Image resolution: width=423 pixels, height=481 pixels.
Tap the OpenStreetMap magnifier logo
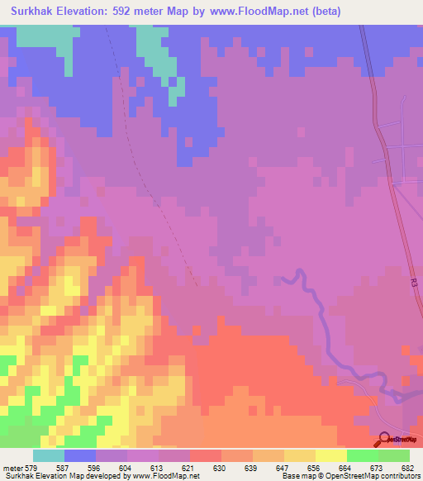(x=383, y=440)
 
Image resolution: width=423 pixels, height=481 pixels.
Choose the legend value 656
(x=315, y=467)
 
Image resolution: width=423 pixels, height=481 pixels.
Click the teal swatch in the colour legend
(x=48, y=455)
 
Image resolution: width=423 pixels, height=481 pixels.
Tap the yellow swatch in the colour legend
(x=330, y=455)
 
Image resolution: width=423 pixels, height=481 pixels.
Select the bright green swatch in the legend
(x=362, y=455)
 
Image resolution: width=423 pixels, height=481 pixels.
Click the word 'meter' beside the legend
(x=13, y=467)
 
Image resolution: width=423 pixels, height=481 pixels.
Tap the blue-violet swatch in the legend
(x=79, y=455)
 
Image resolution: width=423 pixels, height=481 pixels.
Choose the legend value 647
(x=283, y=467)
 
